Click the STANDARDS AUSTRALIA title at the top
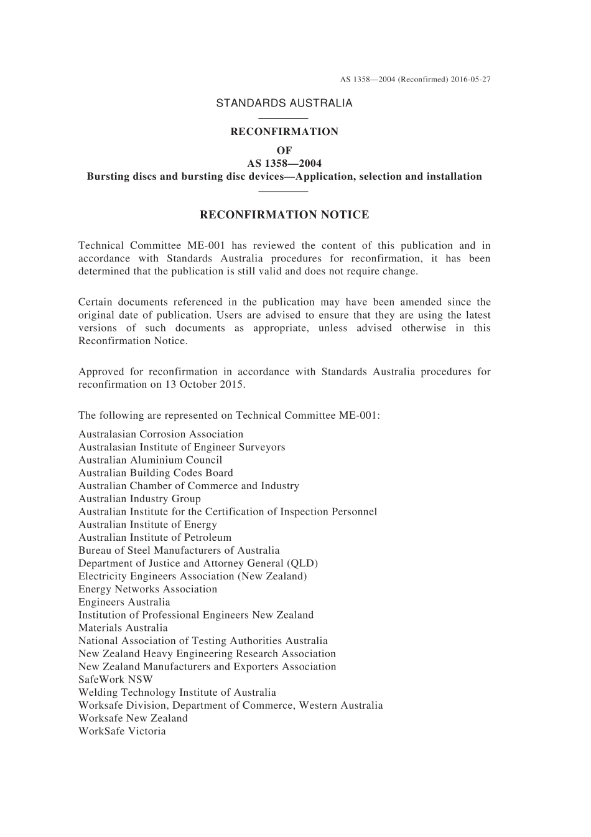pyautogui.click(x=284, y=103)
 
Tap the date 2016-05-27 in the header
pyautogui.click(x=471, y=80)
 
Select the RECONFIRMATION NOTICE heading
pyautogui.click(x=284, y=215)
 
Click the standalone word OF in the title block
pyautogui.click(x=284, y=150)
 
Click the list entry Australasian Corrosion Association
pyautogui.click(x=161, y=434)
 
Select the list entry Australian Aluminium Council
pyautogui.click(x=150, y=460)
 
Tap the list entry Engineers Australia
pyautogui.click(x=124, y=602)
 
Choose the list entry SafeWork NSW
pyautogui.click(x=115, y=680)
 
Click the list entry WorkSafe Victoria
pyautogui.click(x=122, y=731)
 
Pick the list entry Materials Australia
pyautogui.click(x=123, y=628)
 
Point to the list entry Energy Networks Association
pyautogui.click(x=147, y=589)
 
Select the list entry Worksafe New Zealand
pyautogui.click(x=133, y=718)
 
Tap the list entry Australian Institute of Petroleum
pyautogui.click(x=154, y=537)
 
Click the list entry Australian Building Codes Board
pyautogui.click(x=156, y=473)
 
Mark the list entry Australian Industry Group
pyautogui.click(x=139, y=498)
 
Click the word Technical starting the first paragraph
pyautogui.click(x=100, y=245)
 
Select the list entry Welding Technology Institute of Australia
pyautogui.click(x=177, y=692)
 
